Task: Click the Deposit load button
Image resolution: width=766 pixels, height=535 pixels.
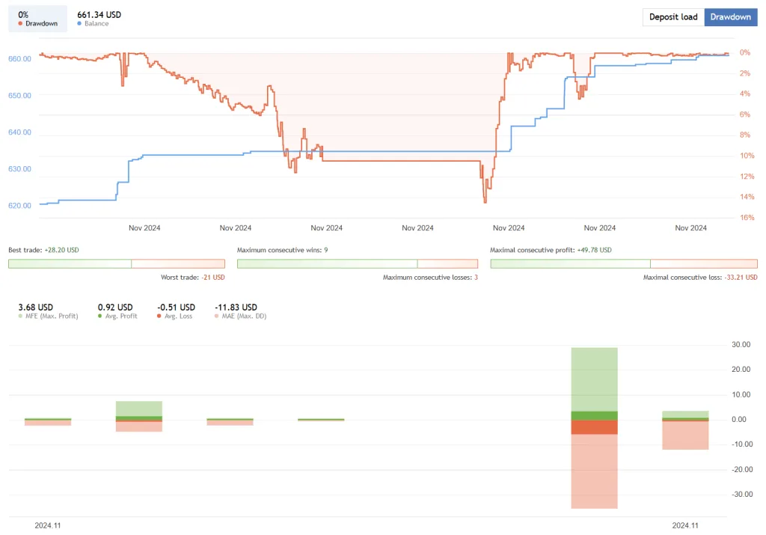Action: (x=673, y=17)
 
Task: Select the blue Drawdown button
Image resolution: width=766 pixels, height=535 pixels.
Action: (x=730, y=17)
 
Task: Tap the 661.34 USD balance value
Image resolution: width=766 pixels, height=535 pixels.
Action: (x=99, y=15)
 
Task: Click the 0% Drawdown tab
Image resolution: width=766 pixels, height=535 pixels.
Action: (x=37, y=19)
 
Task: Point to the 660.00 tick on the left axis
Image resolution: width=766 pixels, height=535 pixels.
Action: (x=19, y=59)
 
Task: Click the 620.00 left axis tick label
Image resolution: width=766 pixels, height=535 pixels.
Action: (x=19, y=206)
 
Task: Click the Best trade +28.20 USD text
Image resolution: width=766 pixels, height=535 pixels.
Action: (x=43, y=250)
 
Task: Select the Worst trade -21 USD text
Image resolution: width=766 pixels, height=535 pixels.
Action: (x=192, y=278)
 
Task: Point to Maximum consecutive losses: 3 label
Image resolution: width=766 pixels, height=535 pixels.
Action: (x=430, y=278)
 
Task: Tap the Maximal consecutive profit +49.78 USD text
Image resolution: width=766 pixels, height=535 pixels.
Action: (x=551, y=250)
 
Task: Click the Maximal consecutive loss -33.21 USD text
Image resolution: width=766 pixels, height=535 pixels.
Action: (x=700, y=278)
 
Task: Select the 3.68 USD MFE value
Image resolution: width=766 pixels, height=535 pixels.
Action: (x=35, y=307)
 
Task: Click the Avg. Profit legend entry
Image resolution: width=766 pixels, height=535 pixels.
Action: (x=118, y=317)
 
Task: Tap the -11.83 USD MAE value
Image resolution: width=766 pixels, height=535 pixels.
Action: (x=236, y=307)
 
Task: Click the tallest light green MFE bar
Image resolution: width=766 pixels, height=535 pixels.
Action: (x=594, y=379)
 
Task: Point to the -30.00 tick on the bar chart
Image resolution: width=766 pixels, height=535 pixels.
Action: (x=741, y=495)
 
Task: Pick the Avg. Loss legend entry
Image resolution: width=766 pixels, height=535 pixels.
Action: (x=176, y=317)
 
